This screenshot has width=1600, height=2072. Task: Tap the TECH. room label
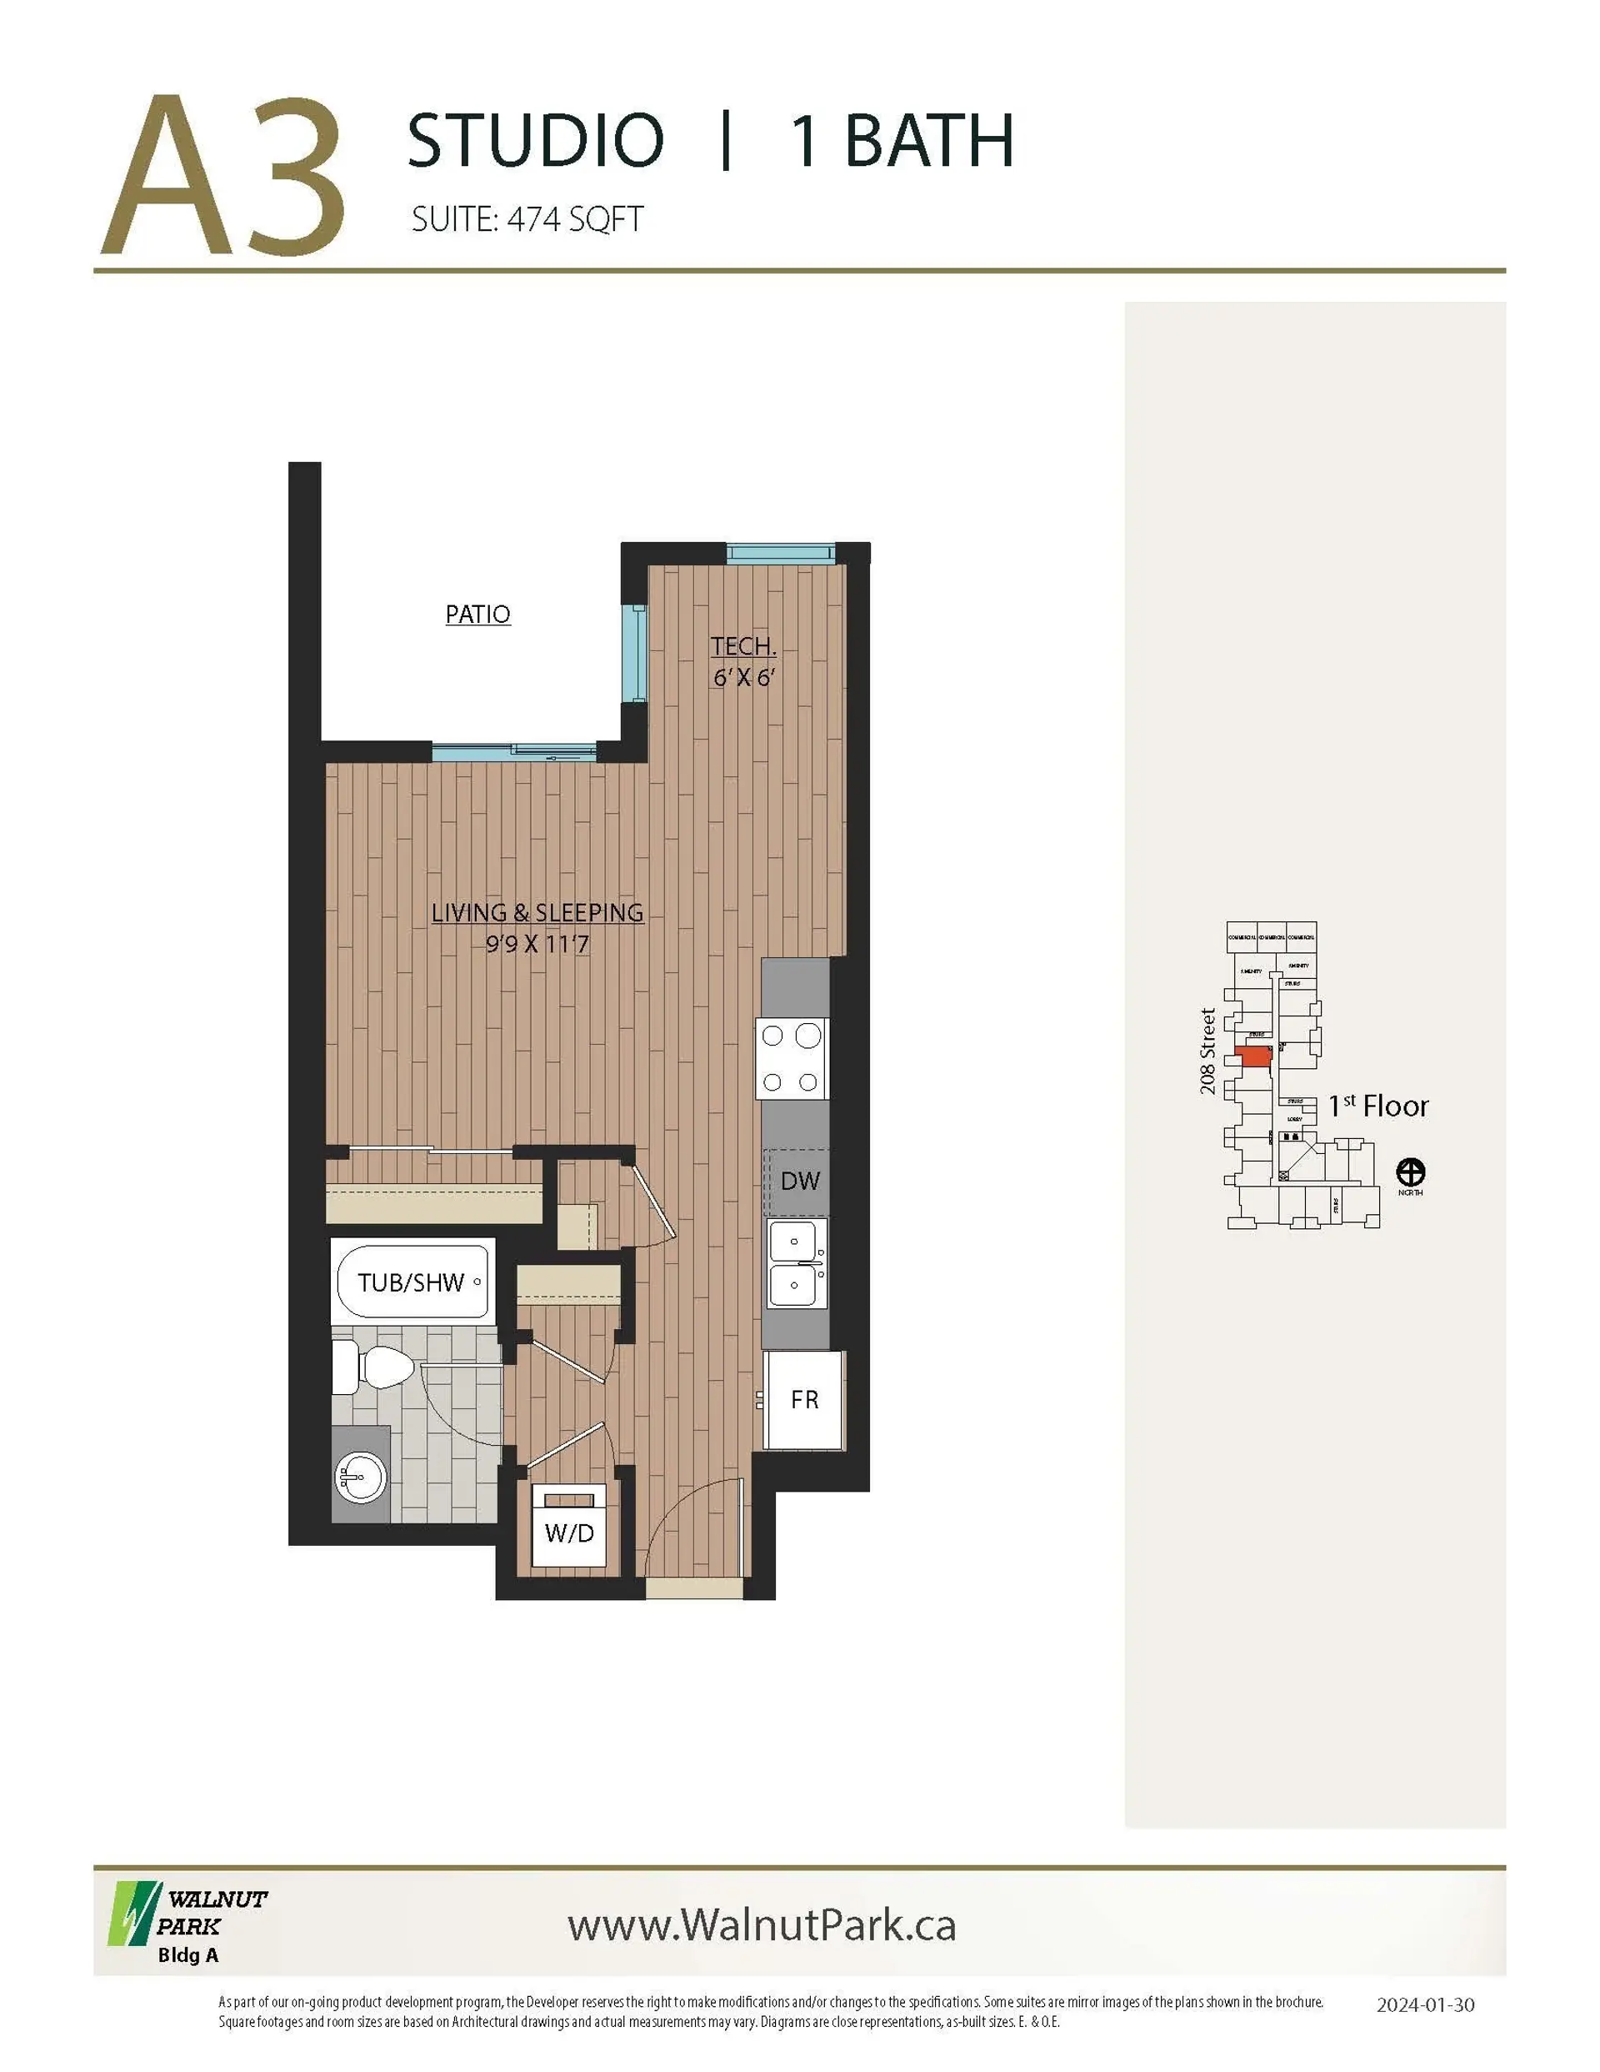pyautogui.click(x=743, y=647)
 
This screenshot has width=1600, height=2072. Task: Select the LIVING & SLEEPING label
pyautogui.click(x=537, y=913)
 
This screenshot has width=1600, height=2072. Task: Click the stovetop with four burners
pyautogui.click(x=791, y=1058)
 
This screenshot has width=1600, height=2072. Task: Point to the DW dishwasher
pyautogui.click(x=799, y=1181)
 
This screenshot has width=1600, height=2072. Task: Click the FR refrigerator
pyautogui.click(x=803, y=1398)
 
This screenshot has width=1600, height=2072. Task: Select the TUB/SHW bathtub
pyautogui.click(x=412, y=1282)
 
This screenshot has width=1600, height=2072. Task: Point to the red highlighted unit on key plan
pyautogui.click(x=1256, y=1056)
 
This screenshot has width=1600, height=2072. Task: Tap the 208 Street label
pyautogui.click(x=1207, y=1051)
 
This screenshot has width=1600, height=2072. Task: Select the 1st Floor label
pyautogui.click(x=1377, y=1106)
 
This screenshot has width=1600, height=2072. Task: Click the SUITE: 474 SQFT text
pyautogui.click(x=527, y=220)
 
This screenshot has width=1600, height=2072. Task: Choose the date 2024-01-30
pyautogui.click(x=1424, y=2004)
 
